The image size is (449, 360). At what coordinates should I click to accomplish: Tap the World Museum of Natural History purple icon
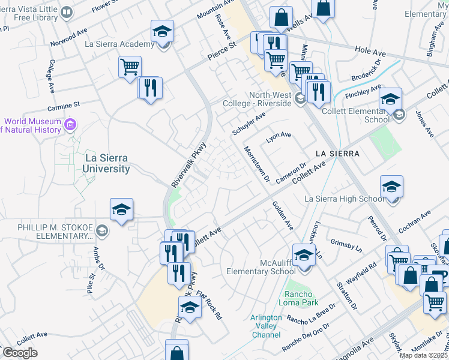pos(71,125)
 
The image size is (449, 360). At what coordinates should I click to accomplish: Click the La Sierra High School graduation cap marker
pos(391,187)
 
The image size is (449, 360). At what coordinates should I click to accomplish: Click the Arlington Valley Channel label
pos(267,326)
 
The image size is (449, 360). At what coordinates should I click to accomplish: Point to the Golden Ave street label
pos(282,216)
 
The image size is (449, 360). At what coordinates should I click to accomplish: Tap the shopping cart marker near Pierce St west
pos(130,67)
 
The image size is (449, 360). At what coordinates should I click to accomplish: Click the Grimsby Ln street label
pos(346,245)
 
